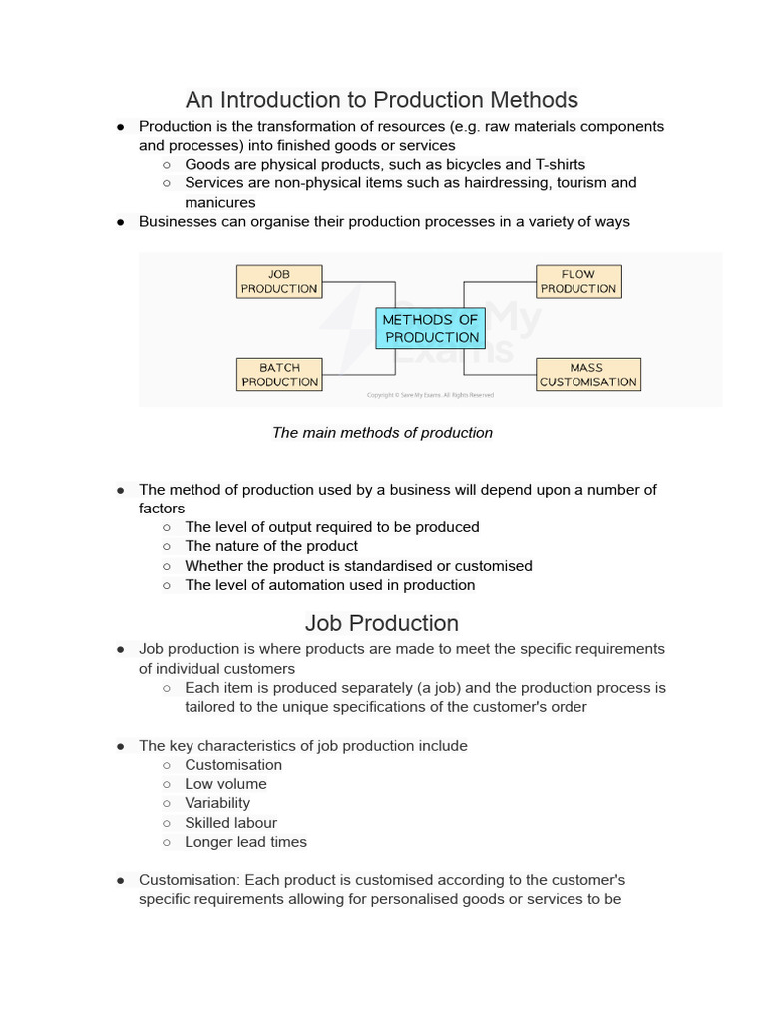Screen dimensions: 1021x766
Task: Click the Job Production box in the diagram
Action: (x=279, y=281)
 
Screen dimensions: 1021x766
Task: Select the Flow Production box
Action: (x=578, y=281)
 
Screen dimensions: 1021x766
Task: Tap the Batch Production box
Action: (x=279, y=375)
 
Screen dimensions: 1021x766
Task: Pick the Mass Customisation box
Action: (x=587, y=375)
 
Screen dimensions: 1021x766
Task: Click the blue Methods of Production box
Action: (x=431, y=328)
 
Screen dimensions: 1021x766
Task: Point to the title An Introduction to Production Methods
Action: (x=381, y=100)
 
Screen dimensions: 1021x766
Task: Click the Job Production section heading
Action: (x=381, y=623)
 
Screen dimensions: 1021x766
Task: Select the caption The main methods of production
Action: (x=382, y=433)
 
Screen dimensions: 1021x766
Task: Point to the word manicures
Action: (x=219, y=203)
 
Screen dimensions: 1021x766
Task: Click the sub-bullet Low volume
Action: (x=225, y=784)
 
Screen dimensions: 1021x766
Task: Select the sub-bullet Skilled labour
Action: (x=230, y=823)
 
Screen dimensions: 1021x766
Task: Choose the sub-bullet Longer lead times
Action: (x=245, y=842)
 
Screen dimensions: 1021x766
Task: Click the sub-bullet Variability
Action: (x=217, y=803)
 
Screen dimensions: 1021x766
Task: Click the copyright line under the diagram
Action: (x=430, y=395)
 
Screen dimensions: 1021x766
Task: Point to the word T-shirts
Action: (x=561, y=165)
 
